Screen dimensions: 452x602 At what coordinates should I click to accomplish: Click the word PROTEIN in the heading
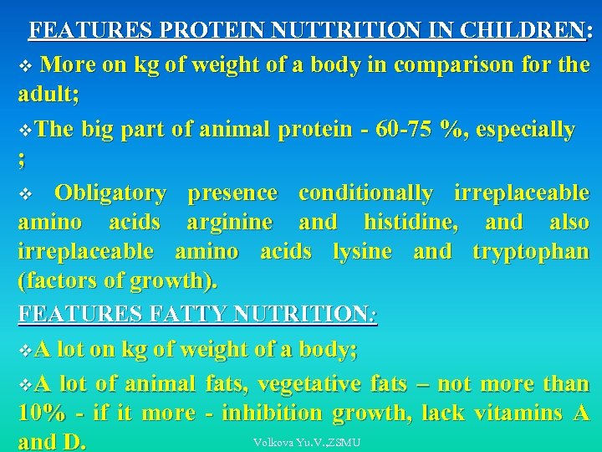(206, 31)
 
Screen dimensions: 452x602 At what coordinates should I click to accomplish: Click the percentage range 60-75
(406, 130)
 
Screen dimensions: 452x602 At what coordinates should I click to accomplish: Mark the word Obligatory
(110, 193)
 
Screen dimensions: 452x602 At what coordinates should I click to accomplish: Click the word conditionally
(365, 193)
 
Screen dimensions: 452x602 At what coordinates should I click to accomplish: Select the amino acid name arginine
(229, 223)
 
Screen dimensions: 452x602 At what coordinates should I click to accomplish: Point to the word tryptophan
(530, 251)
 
